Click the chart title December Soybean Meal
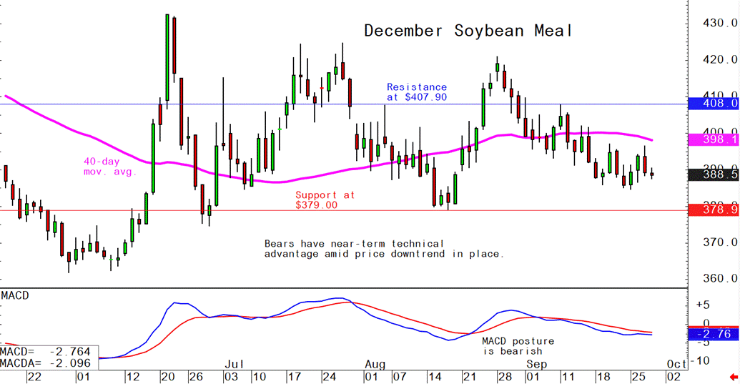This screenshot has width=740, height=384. pos(468,31)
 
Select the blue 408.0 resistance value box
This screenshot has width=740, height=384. pos(713,104)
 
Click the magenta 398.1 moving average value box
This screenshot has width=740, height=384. pos(713,139)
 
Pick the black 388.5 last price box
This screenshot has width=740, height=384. pos(713,173)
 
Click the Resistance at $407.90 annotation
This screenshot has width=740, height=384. pos(417,92)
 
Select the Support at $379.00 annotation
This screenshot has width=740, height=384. pos(325,200)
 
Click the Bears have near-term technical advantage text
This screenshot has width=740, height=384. pos(384,249)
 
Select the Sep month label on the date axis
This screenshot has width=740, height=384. pos(537,364)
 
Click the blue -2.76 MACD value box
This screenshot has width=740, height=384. pos(713,334)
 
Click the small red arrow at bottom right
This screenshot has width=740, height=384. pos(734,375)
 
